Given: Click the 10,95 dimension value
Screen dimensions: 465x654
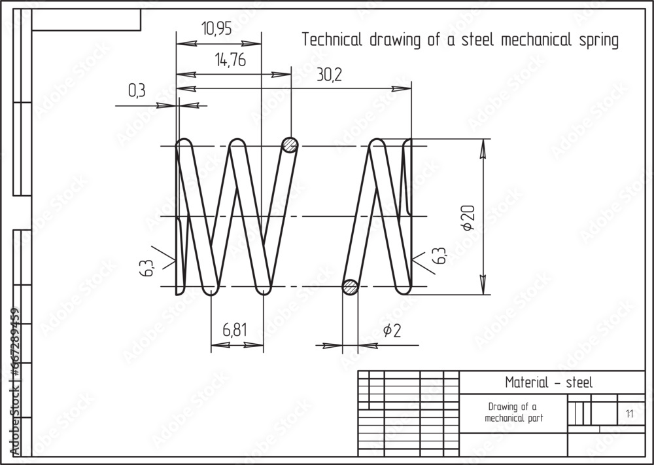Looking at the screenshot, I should (216, 29).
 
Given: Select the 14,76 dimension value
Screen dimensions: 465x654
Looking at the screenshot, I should (230, 61).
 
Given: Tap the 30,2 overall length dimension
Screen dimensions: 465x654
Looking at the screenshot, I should (329, 75).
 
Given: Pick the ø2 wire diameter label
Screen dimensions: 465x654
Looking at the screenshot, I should (391, 331).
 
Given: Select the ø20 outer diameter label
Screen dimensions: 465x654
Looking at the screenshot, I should (468, 217).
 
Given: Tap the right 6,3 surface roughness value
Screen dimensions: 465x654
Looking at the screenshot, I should (439, 256).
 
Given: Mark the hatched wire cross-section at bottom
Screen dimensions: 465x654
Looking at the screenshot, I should (351, 286).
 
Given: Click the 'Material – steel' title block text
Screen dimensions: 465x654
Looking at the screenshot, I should (549, 382).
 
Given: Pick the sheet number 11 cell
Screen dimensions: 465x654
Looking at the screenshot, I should (629, 413).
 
